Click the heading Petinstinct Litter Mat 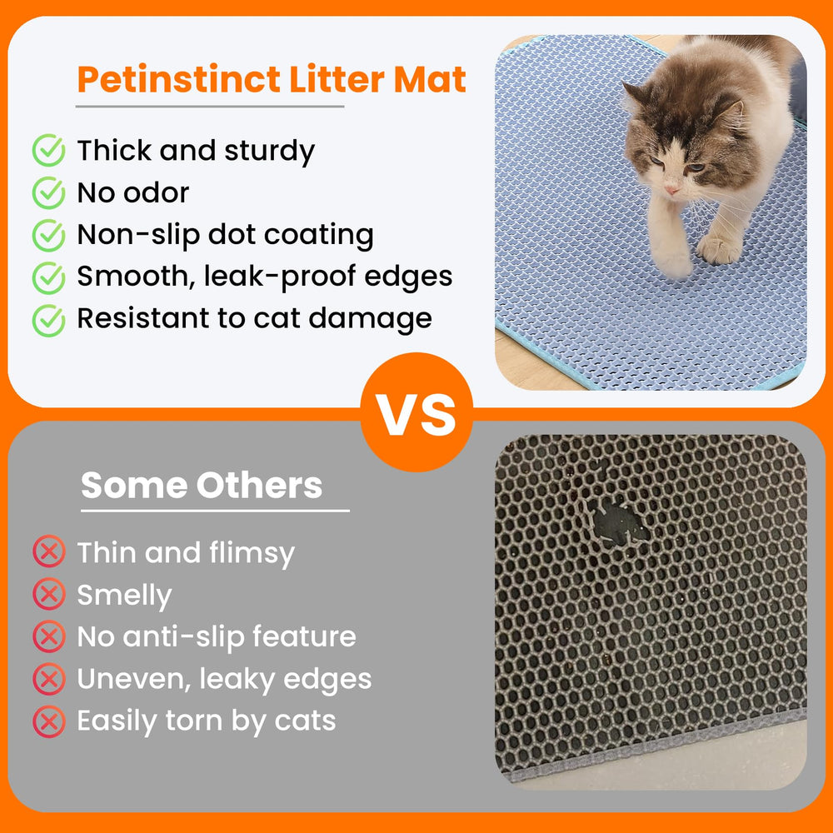pyautogui.click(x=271, y=80)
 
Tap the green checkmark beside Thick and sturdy pyautogui.click(x=48, y=152)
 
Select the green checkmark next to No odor pyautogui.click(x=48, y=193)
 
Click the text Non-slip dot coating pyautogui.click(x=225, y=235)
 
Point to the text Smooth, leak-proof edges pyautogui.click(x=265, y=277)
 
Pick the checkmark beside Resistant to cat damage pyautogui.click(x=48, y=319)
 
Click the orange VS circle pyautogui.click(x=416, y=413)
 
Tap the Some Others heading pyautogui.click(x=202, y=485)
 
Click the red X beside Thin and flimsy pyautogui.click(x=48, y=551)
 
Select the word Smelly pyautogui.click(x=124, y=595)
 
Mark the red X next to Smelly pyautogui.click(x=48, y=594)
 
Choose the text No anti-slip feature pyautogui.click(x=217, y=636)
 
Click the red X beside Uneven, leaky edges pyautogui.click(x=48, y=679)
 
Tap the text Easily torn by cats pyautogui.click(x=207, y=721)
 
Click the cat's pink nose pyautogui.click(x=671, y=191)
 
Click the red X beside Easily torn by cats pyautogui.click(x=48, y=721)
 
